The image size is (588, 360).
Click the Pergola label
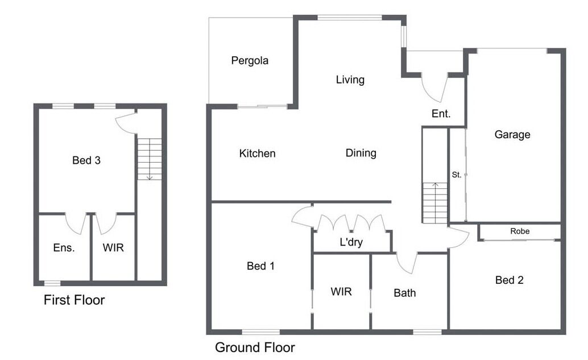click(250, 61)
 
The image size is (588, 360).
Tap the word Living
click(350, 80)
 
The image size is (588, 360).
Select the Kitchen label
click(257, 154)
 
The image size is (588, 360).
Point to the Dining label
click(361, 153)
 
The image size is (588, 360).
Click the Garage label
click(512, 135)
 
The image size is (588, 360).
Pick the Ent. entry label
click(441, 114)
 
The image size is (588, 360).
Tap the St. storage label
click(457, 175)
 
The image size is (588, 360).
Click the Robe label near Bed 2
click(520, 231)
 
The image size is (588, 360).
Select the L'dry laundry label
click(351, 242)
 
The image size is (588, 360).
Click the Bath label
click(405, 293)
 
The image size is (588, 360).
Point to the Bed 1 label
click(260, 266)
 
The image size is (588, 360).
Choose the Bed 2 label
click(510, 280)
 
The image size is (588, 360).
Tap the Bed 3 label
click(86, 160)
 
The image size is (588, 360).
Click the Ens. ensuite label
click(64, 248)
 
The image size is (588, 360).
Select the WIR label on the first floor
click(113, 248)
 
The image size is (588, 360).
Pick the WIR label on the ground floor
click(341, 292)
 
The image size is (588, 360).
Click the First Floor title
click(74, 300)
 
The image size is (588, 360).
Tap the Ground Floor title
click(255, 347)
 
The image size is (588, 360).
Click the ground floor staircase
click(435, 203)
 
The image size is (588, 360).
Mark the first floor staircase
click(150, 159)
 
